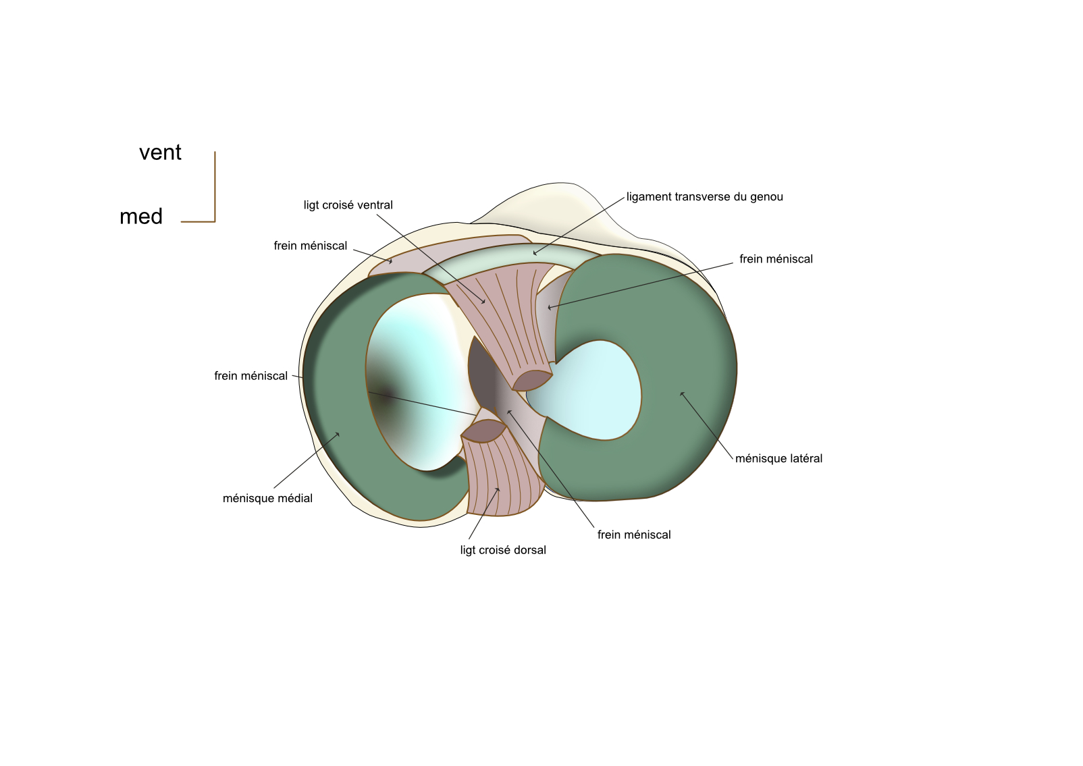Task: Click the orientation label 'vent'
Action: point(160,153)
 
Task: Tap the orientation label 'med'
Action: point(141,217)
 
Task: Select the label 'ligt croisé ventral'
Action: point(348,205)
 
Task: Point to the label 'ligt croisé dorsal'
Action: point(503,550)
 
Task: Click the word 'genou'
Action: point(766,197)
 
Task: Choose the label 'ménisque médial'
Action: point(267,499)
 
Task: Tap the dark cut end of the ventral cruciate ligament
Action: point(532,380)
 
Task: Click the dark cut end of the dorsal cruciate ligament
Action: point(483,431)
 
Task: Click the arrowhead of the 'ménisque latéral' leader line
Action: point(681,393)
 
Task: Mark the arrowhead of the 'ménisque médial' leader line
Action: point(338,433)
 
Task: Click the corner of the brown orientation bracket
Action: point(215,221)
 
